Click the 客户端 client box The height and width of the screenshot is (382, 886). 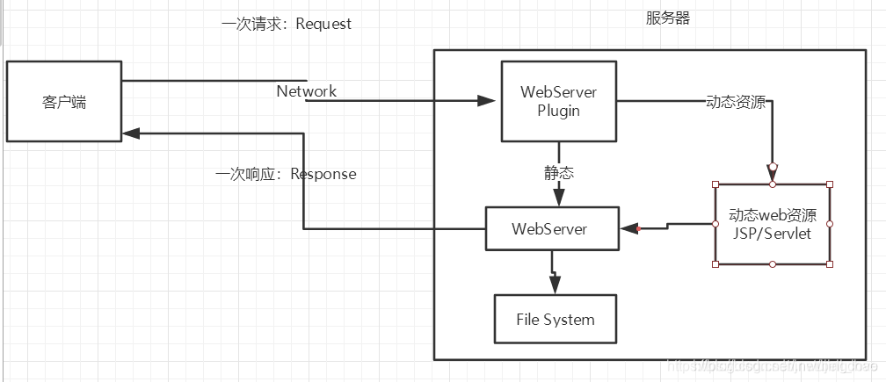click(x=64, y=101)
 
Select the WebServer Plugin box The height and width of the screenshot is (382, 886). click(x=558, y=101)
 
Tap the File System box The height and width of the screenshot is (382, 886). click(x=555, y=319)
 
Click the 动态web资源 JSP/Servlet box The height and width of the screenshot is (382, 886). click(x=772, y=225)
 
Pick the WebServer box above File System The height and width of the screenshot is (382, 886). click(x=552, y=229)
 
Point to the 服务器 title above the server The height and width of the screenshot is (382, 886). click(x=667, y=18)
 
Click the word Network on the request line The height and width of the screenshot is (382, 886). click(x=306, y=91)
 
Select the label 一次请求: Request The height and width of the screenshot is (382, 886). click(x=287, y=24)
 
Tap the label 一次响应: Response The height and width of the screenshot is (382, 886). click(x=286, y=174)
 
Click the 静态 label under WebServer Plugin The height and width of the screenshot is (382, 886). click(x=558, y=173)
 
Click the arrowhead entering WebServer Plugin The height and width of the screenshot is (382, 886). click(x=487, y=101)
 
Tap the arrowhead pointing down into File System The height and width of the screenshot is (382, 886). click(x=554, y=285)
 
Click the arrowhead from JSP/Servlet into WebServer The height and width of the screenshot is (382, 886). click(x=628, y=229)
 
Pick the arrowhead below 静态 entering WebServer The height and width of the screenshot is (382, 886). click(x=558, y=197)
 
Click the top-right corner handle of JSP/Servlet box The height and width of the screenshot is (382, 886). click(x=829, y=184)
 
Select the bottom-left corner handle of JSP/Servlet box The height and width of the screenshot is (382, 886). click(x=715, y=264)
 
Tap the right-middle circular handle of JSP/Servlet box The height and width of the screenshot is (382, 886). click(x=829, y=225)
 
